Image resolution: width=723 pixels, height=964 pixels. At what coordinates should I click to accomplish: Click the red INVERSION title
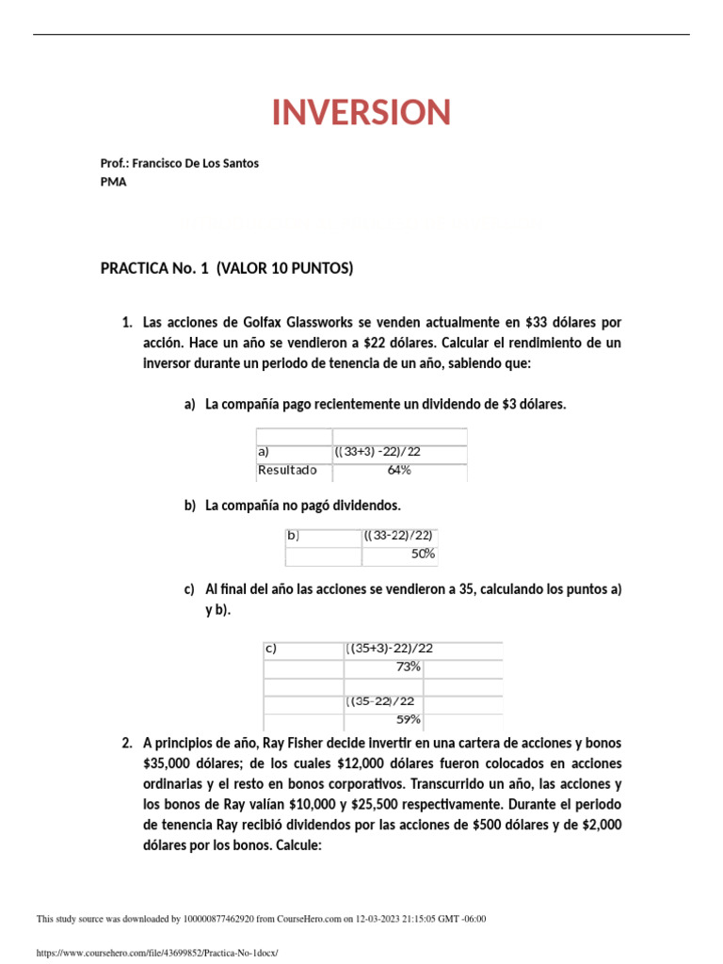361,113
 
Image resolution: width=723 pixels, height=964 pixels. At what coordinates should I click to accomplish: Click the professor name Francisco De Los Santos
195,163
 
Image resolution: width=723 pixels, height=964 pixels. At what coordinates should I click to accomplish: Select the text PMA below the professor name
113,183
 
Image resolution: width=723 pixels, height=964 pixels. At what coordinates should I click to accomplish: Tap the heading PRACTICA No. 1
155,269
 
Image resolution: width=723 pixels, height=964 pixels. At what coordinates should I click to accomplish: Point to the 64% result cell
399,470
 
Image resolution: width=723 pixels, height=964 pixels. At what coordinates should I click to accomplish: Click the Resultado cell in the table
287,470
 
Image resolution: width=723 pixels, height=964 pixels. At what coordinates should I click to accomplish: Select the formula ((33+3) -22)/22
378,452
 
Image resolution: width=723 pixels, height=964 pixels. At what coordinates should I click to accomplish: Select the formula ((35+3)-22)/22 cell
390,649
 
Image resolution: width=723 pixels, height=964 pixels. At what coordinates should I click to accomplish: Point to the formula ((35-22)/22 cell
380,701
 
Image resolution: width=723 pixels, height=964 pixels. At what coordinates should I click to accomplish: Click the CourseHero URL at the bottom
157,953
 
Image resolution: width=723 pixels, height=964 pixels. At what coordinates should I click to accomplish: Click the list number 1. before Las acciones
127,323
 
